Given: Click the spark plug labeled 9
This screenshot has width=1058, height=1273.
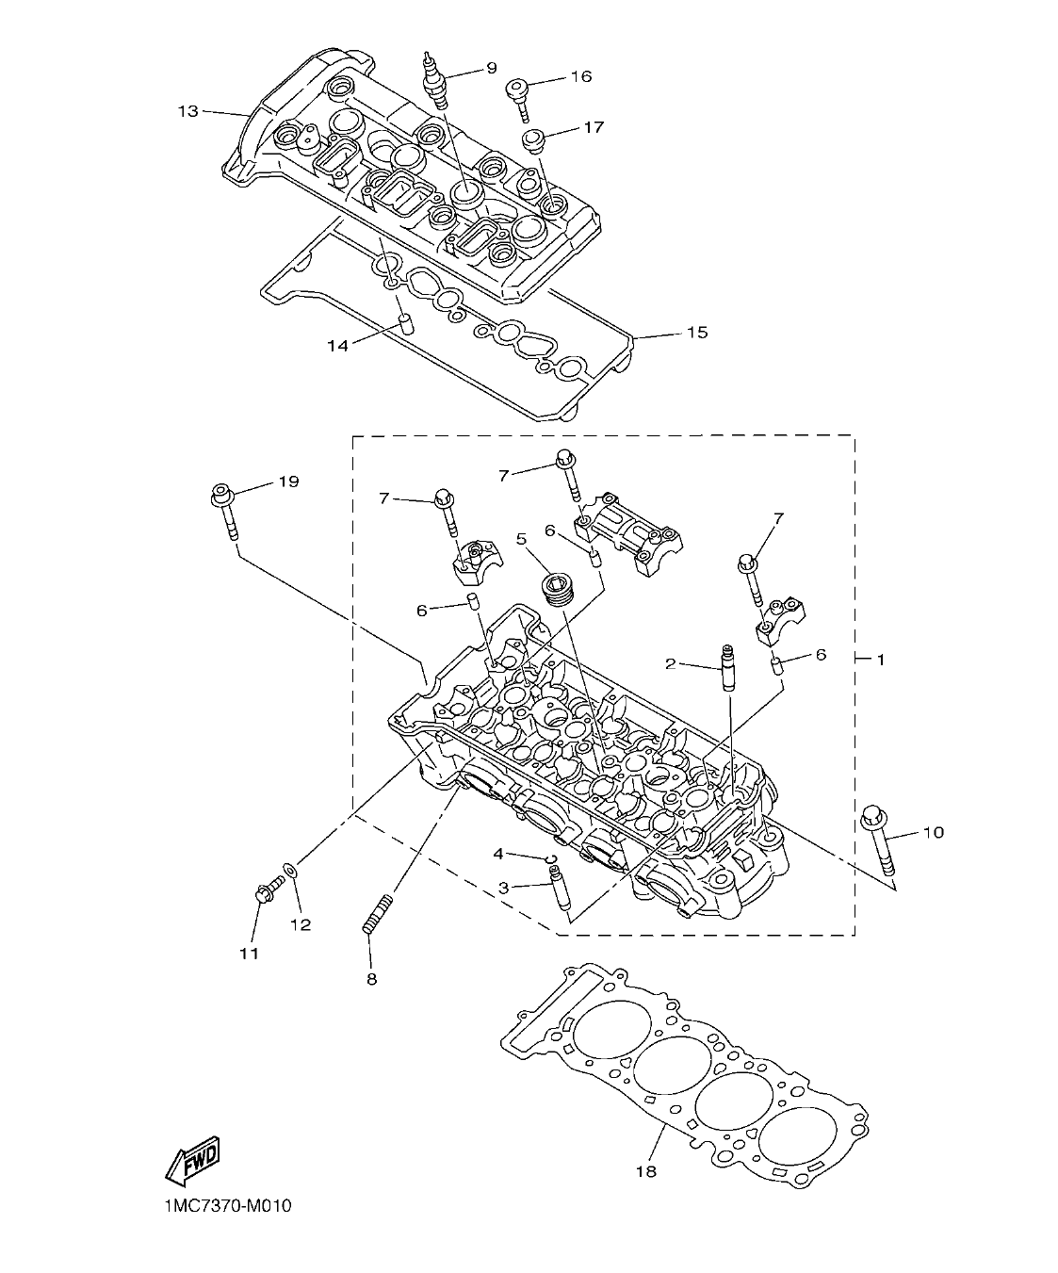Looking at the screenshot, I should [436, 79].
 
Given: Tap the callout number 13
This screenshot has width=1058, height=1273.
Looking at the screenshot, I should [188, 112].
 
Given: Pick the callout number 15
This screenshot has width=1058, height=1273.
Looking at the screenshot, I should [696, 333].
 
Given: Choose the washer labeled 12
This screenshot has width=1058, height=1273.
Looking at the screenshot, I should [290, 870].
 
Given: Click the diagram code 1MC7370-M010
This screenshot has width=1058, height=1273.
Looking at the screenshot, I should [220, 1205].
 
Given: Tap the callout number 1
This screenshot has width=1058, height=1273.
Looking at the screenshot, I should [880, 661].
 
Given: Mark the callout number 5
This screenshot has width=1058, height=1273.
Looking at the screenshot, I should [520, 538].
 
